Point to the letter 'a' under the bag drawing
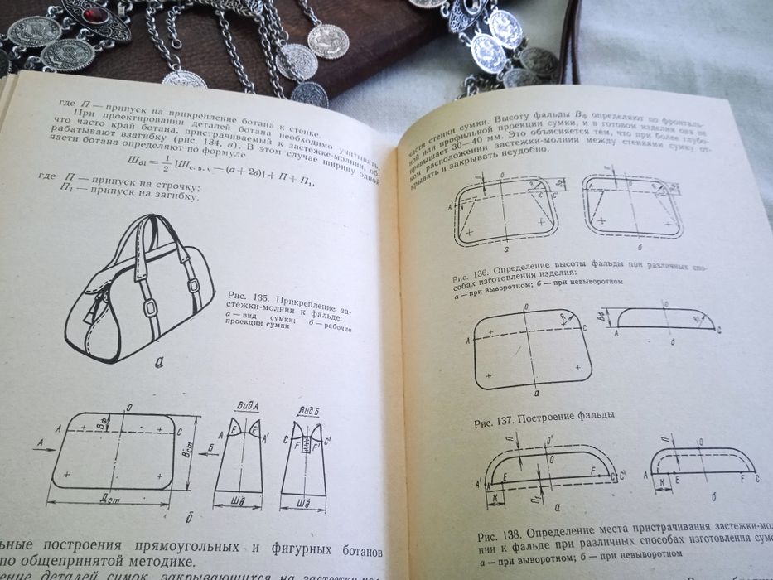click(157, 359)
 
